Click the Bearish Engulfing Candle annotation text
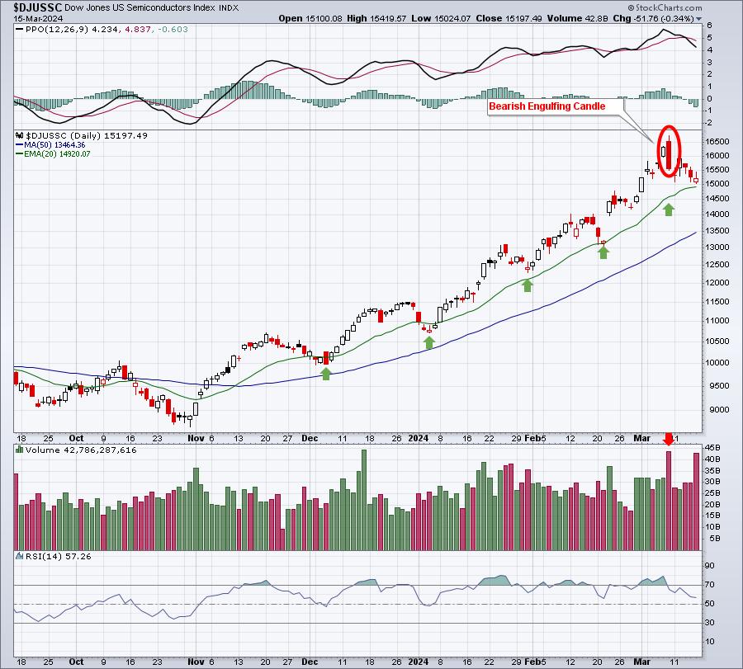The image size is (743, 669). [547, 106]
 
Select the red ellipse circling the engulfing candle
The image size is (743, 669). [670, 151]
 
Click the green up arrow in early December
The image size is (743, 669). [326, 374]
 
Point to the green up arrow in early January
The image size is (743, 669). [429, 342]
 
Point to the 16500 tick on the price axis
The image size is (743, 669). [717, 142]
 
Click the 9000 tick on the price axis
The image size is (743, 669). [715, 409]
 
